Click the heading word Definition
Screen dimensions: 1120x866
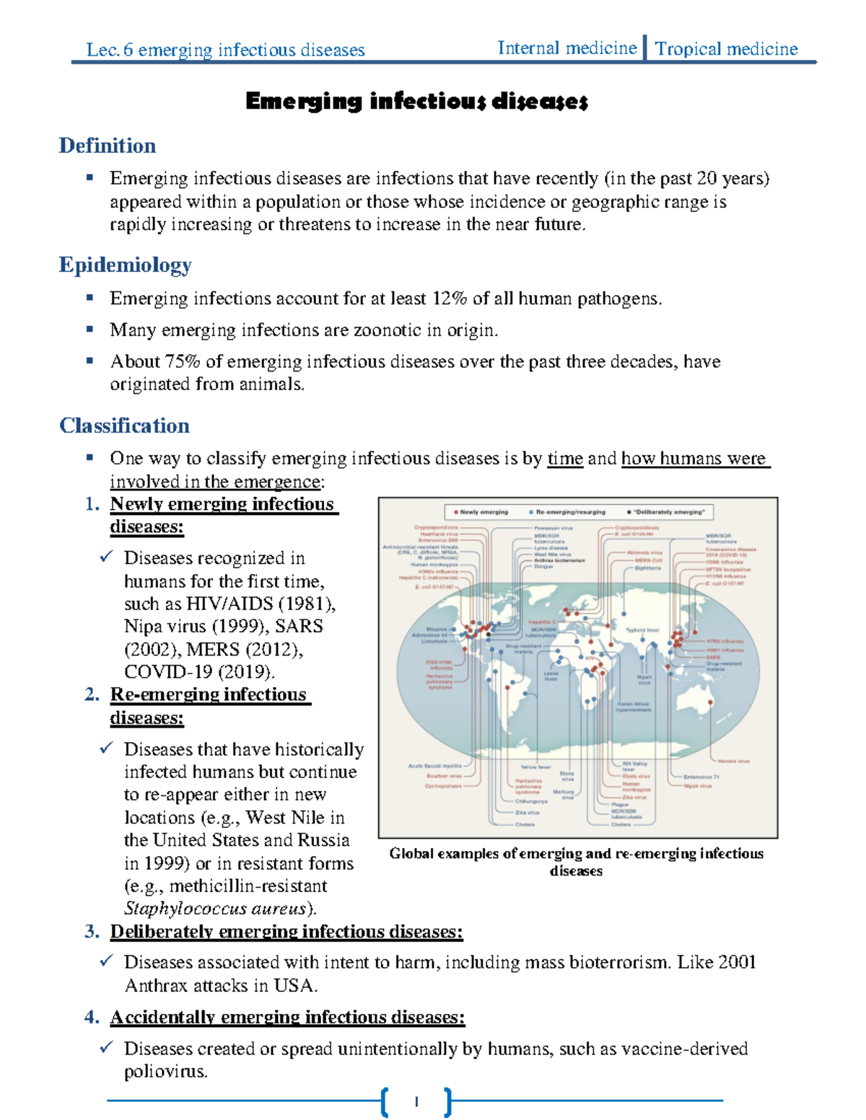tap(107, 146)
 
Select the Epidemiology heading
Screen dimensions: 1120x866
tap(125, 265)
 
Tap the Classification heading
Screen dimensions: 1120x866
tap(124, 425)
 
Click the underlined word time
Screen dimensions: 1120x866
tap(564, 459)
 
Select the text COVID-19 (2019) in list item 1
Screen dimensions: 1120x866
tap(198, 672)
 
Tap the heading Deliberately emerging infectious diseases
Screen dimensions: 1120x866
tap(286, 932)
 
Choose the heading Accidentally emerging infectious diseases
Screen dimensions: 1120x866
tap(287, 1018)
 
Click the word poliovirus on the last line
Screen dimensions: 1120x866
tap(165, 1072)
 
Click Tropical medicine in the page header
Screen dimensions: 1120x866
tap(726, 49)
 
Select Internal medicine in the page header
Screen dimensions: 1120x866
tap(567, 48)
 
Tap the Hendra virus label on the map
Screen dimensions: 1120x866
tap(733, 761)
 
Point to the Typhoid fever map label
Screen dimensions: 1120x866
tap(642, 630)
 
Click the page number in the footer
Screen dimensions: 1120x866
tap(416, 1101)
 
